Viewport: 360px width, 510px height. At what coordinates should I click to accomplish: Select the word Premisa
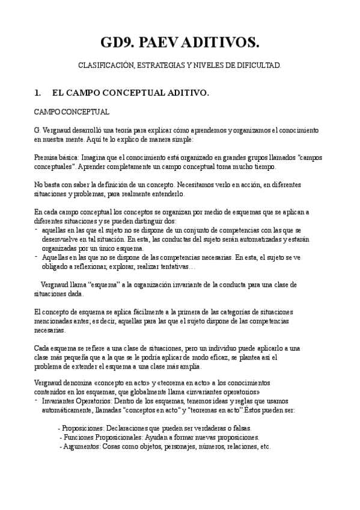46,157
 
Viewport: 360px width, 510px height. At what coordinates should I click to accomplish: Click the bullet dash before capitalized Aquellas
36,256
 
